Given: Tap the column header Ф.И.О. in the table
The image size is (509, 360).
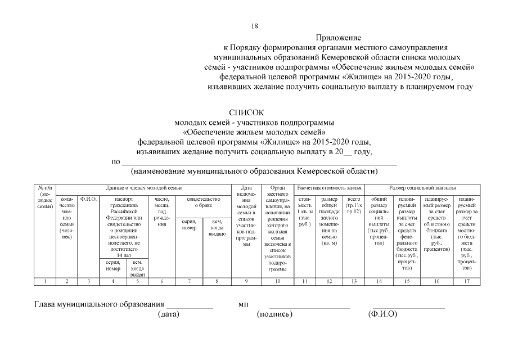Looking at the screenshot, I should tap(88, 199).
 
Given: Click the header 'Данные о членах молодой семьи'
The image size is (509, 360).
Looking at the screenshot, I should tap(144, 187).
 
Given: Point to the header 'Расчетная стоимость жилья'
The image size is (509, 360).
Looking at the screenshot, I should tap(330, 187).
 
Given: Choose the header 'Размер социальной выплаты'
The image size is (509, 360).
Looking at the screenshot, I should tap(422, 187).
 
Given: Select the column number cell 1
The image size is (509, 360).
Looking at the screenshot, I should tap(46, 281).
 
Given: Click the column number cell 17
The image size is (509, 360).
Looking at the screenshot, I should tap(466, 281).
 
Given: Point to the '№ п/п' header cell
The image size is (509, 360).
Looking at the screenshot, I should tap(46, 197).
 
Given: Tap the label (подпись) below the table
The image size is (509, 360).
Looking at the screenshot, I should tap(275, 314).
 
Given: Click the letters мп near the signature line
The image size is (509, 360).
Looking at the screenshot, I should tap(244, 304).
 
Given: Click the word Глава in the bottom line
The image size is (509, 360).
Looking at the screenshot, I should tap(46, 304).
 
